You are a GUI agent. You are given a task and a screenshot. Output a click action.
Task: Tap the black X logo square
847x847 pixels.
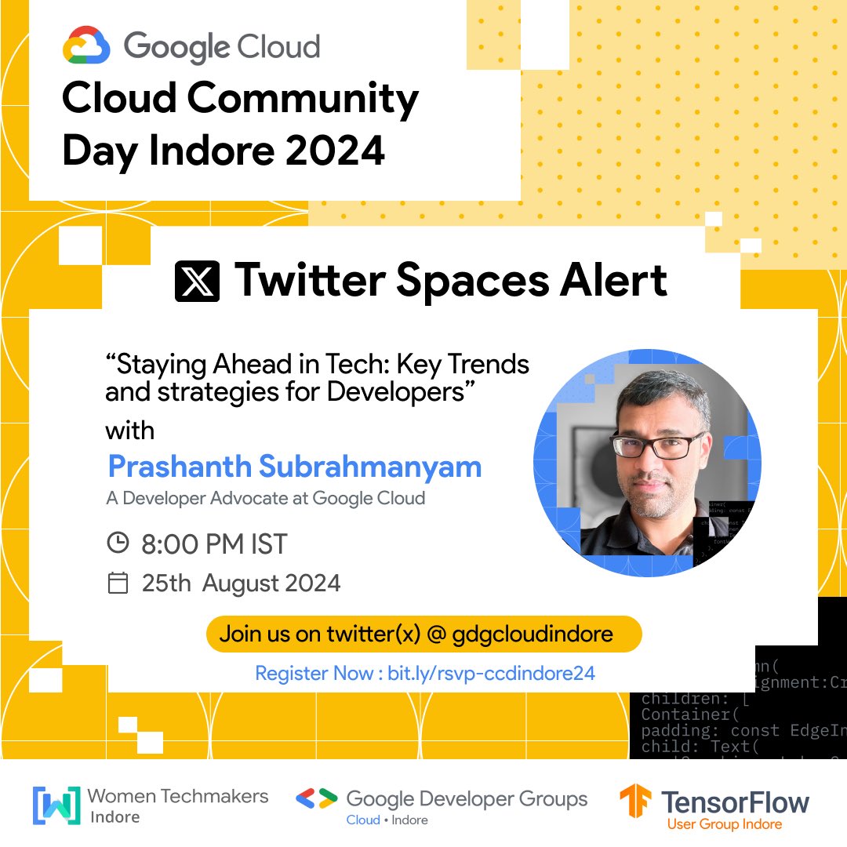click(197, 280)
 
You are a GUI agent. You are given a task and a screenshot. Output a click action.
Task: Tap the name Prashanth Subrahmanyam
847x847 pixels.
click(294, 467)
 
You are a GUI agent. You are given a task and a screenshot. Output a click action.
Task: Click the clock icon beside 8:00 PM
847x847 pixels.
click(117, 542)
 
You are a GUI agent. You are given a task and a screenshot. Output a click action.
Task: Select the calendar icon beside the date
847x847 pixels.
click(117, 583)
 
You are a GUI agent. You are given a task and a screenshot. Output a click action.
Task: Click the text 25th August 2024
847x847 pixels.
click(241, 583)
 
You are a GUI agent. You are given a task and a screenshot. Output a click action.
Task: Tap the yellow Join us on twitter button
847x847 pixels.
click(423, 634)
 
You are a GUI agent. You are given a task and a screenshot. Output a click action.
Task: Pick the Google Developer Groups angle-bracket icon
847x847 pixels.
click(316, 799)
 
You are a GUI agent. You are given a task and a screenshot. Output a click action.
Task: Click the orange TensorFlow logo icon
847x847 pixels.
click(635, 805)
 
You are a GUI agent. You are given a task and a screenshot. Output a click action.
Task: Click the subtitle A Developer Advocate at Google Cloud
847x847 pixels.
click(265, 498)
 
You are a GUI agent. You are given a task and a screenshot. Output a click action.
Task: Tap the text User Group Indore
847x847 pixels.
click(724, 824)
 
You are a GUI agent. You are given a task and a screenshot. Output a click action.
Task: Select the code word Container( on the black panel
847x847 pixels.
click(685, 714)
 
